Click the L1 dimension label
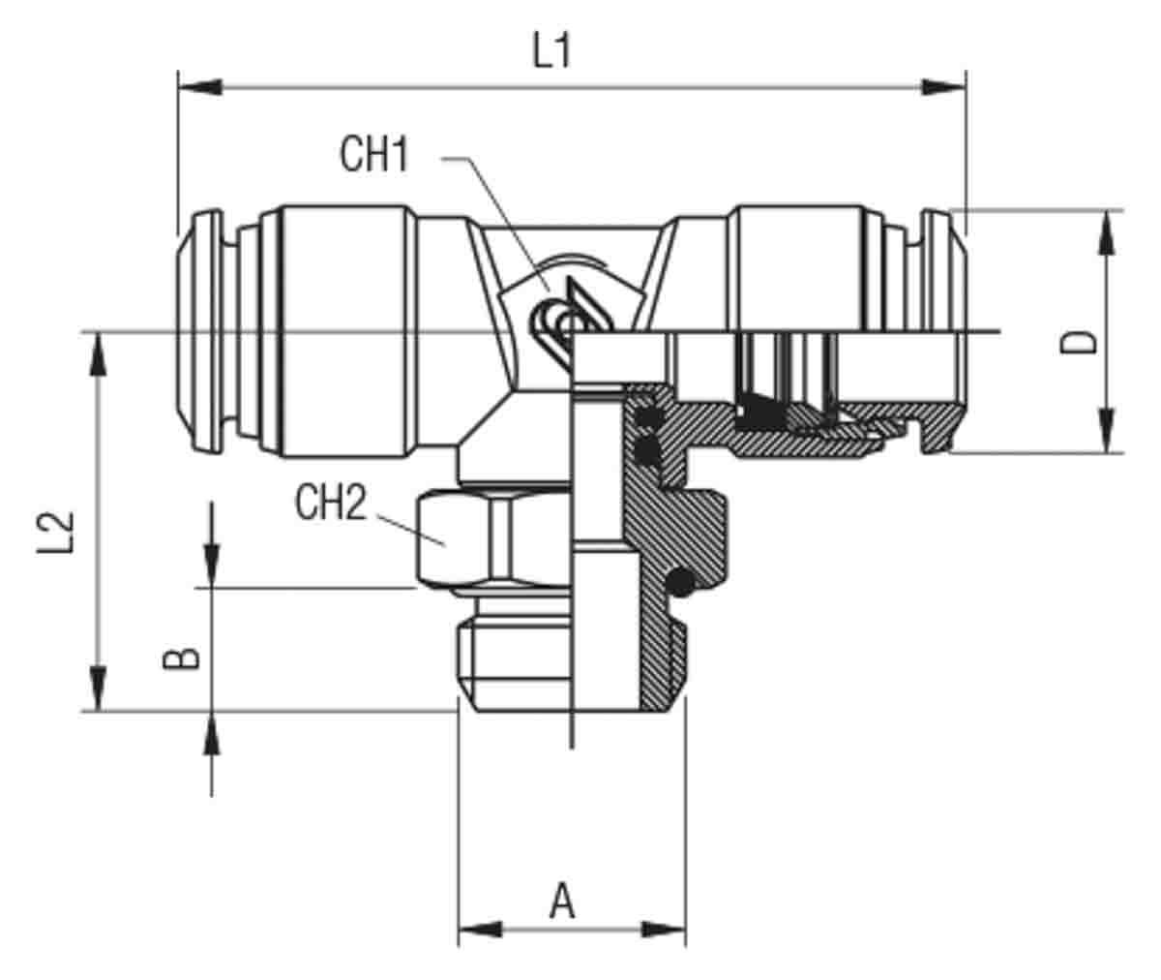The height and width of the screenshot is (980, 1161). point(551,50)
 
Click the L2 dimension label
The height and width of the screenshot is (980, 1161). point(55,532)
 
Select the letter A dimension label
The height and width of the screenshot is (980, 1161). point(562,901)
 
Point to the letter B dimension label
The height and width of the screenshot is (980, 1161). point(181,658)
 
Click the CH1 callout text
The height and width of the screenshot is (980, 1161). point(374,155)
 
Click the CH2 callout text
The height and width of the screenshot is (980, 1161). point(331,503)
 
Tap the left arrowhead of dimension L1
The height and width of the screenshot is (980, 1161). point(200,87)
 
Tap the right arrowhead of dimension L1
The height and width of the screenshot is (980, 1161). point(943,87)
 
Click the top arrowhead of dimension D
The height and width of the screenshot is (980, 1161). point(1107,233)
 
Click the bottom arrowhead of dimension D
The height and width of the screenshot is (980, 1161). point(1107,430)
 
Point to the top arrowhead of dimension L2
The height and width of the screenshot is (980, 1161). point(99,355)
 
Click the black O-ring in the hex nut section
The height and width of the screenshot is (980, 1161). point(680,583)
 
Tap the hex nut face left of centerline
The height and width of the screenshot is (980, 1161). point(454,538)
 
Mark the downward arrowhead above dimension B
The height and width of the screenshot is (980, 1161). point(211,566)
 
